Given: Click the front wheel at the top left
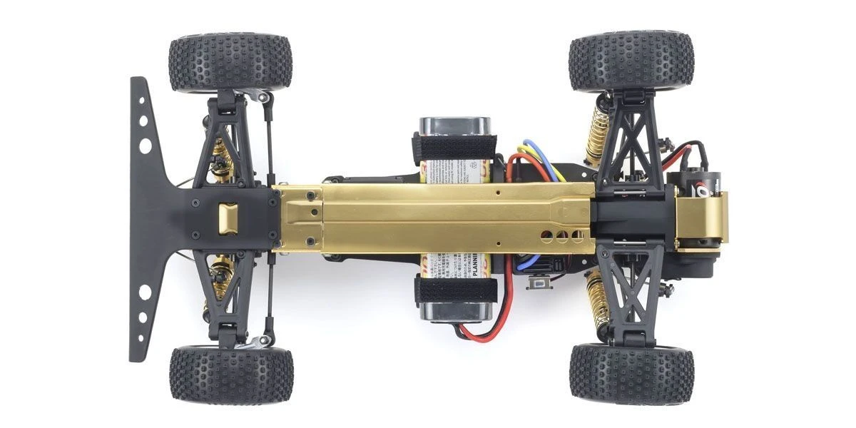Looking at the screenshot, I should click(230, 61).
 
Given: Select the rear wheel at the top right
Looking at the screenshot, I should click(631, 61).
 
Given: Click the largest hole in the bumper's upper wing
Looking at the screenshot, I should click(146, 146).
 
